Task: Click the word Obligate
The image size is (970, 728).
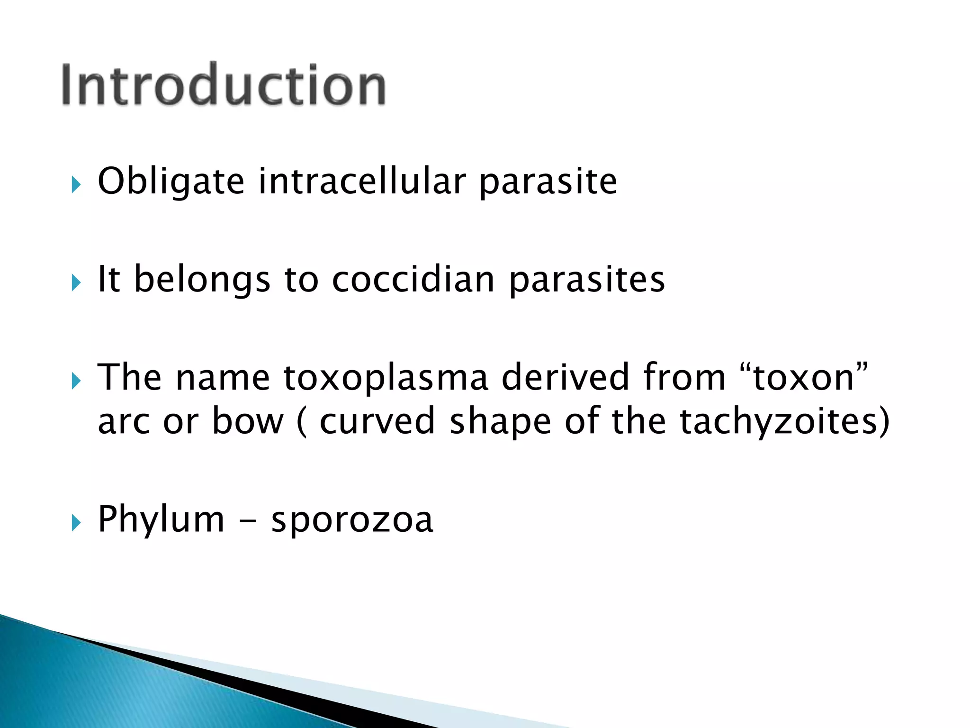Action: click(x=171, y=182)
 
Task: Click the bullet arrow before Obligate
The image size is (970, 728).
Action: click(x=76, y=184)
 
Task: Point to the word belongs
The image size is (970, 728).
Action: click(x=202, y=280)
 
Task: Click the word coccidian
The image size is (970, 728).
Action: click(x=413, y=279)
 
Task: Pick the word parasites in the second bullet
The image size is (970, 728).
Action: click(x=587, y=280)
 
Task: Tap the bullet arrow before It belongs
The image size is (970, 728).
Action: click(x=76, y=282)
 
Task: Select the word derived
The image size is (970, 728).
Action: click(x=566, y=377)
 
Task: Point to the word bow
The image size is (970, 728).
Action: click(x=247, y=421)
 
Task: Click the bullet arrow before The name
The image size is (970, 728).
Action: click(x=76, y=381)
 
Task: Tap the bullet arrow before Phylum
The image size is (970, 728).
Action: click(x=76, y=523)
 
